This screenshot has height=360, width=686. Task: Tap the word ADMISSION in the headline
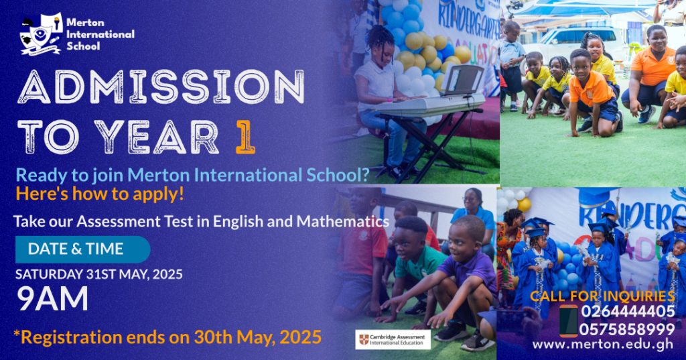click(x=161, y=87)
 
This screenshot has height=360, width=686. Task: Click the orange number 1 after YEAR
click(x=245, y=137)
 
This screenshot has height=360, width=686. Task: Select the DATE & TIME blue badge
click(x=82, y=249)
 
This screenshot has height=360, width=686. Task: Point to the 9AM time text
click(x=52, y=299)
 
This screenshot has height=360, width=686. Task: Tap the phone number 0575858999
click(x=627, y=329)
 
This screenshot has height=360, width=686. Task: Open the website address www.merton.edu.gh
click(x=602, y=344)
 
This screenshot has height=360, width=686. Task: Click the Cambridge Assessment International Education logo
click(x=393, y=339)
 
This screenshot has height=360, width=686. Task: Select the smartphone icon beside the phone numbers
click(x=568, y=321)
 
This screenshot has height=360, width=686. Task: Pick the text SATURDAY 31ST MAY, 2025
click(x=99, y=275)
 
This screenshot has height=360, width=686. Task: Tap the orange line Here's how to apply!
click(x=100, y=194)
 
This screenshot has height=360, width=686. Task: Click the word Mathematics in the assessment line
click(x=342, y=221)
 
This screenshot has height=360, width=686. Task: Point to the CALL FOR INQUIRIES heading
click(x=602, y=296)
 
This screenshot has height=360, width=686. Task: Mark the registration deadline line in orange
click(x=167, y=337)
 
